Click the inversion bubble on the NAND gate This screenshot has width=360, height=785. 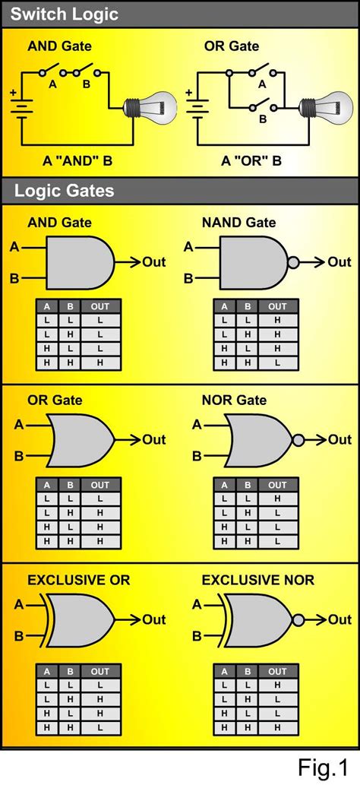pos(293,262)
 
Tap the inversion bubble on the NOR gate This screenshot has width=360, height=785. pos(298,440)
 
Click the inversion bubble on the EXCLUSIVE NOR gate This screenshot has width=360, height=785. pos(298,619)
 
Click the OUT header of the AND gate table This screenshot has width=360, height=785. pos(99,306)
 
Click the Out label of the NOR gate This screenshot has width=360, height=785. pos(339,440)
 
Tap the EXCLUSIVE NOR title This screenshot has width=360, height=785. pos(257,580)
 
